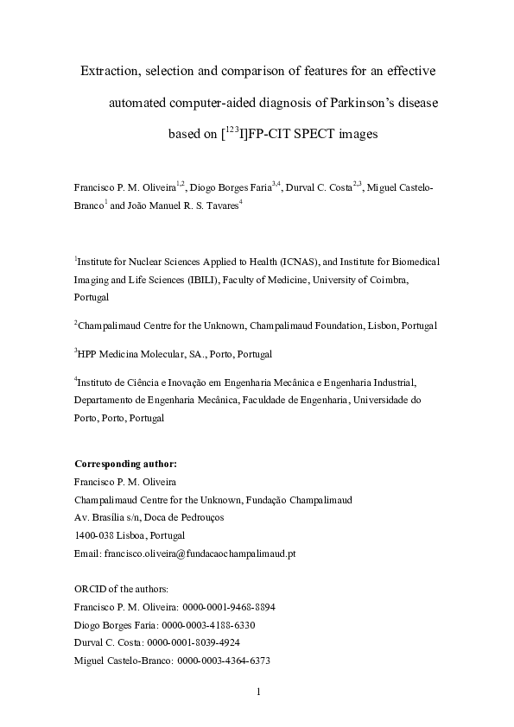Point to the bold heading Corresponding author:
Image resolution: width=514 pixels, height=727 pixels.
point(126,464)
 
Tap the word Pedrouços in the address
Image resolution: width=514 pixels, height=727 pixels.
point(200,517)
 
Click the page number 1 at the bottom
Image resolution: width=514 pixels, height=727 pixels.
point(257,692)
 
